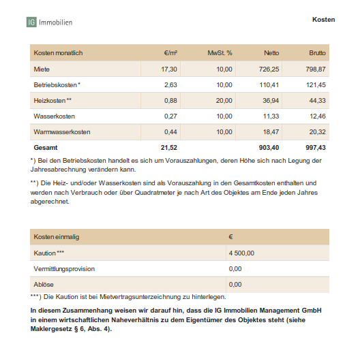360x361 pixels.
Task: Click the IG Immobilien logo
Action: pos(49,22)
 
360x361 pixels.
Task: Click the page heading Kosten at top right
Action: pos(323,20)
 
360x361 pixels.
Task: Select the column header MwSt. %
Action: pos(220,52)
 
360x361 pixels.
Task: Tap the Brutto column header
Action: pos(317,52)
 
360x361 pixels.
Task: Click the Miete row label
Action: pos(42,69)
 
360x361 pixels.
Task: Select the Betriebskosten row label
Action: pos(57,85)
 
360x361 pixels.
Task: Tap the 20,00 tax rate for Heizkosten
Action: pos(224,101)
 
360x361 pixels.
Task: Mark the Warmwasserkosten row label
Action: pos(62,131)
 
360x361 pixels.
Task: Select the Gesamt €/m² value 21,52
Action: pos(168,147)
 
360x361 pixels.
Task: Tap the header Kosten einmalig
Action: pos(57,236)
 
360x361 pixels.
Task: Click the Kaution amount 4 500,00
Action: pos(241,253)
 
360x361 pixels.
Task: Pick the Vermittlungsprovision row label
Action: pos(65,268)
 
